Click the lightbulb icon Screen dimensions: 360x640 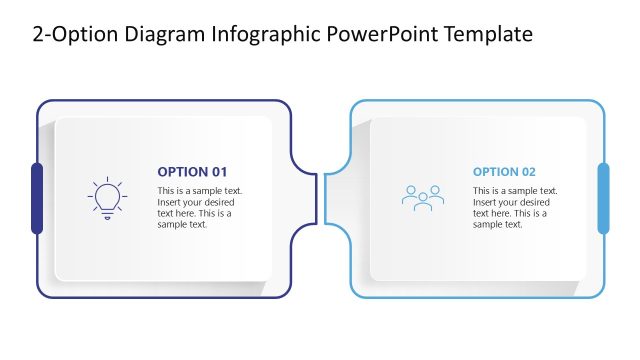pyautogui.click(x=107, y=198)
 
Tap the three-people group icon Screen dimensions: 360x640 pyautogui.click(x=422, y=197)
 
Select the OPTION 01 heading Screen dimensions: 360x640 pyautogui.click(x=192, y=171)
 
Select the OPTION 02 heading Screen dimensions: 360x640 pyautogui.click(x=504, y=171)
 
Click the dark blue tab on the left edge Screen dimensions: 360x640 pyautogui.click(x=37, y=198)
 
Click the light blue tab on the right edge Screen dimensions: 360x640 pyautogui.click(x=603, y=198)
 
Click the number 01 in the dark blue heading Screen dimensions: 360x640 pyautogui.click(x=219, y=171)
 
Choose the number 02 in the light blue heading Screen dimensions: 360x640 pyautogui.click(x=527, y=171)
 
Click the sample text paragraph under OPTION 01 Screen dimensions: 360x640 pyautogui.click(x=199, y=207)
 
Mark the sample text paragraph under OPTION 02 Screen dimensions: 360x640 pyautogui.click(x=515, y=207)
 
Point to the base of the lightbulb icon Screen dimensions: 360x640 pyautogui.click(x=107, y=214)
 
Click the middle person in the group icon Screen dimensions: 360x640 pyautogui.click(x=422, y=197)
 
